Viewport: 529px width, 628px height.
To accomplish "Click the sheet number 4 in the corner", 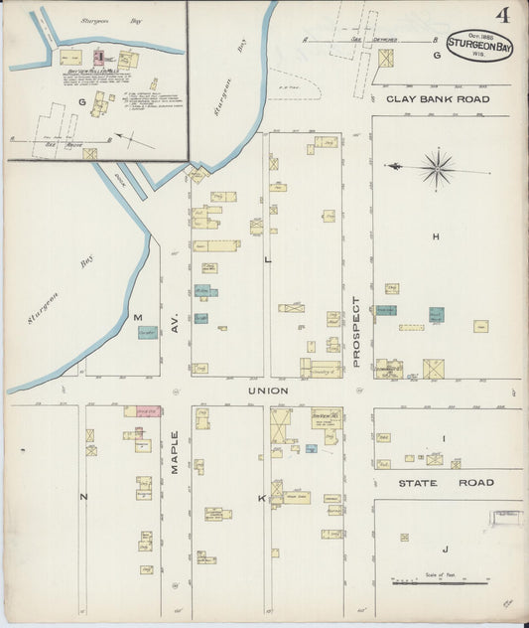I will click(x=503, y=15).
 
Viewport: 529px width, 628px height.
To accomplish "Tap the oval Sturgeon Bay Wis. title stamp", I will click(x=479, y=45).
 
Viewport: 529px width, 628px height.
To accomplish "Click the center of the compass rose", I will click(x=437, y=166).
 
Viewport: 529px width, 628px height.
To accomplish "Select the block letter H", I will click(x=436, y=236).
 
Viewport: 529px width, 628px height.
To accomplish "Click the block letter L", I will click(x=267, y=259).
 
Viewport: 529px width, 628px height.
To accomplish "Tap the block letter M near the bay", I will click(x=138, y=317).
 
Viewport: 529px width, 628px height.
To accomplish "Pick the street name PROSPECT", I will click(x=355, y=332).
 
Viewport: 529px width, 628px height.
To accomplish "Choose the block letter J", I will click(x=446, y=549).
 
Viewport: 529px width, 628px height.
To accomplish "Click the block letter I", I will click(x=445, y=438).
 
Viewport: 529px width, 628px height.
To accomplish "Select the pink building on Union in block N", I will click(x=143, y=410).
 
